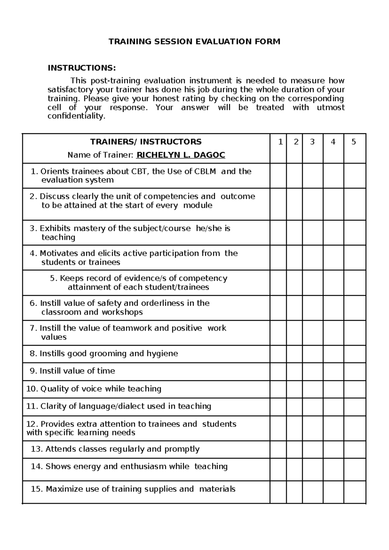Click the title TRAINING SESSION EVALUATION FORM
click(194, 42)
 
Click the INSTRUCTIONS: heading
click(81, 68)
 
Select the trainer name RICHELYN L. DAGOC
click(181, 155)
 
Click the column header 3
click(312, 142)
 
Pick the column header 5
click(354, 142)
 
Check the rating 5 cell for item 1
click(355, 175)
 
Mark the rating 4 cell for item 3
click(333, 233)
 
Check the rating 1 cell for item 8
click(278, 354)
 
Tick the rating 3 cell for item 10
click(312, 389)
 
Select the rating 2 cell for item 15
click(294, 492)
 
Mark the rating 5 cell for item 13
click(355, 449)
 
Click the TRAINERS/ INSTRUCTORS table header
click(146, 142)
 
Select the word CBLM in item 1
click(205, 171)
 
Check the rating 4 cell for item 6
click(333, 307)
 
